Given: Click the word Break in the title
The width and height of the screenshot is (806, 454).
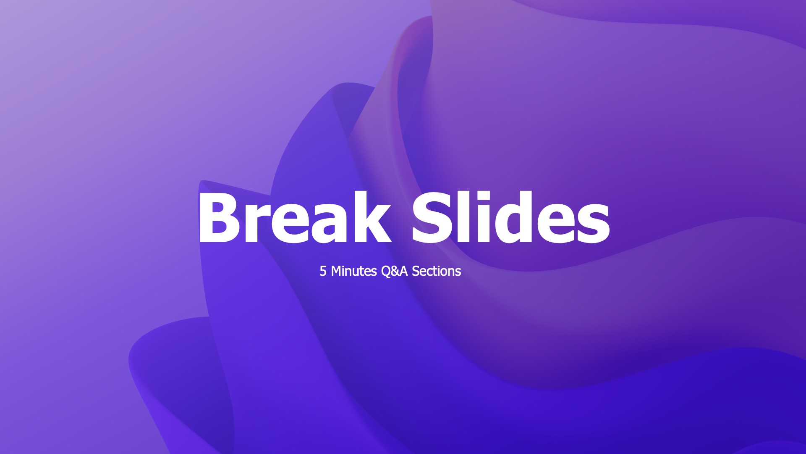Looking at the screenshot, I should [294, 218].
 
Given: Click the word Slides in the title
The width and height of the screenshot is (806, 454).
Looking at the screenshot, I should [510, 218].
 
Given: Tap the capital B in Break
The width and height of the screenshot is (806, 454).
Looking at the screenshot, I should [219, 218].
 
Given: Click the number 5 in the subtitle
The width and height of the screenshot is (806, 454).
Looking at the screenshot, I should [323, 271].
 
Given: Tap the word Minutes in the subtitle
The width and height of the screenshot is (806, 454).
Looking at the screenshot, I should [354, 271].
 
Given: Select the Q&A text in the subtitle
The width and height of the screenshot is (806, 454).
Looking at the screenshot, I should [394, 271].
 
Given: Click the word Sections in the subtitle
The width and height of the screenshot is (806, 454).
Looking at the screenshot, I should [436, 271].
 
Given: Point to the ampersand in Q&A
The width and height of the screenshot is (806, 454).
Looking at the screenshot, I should [395, 271].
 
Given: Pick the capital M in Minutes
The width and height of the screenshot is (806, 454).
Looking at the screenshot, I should [337, 271].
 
